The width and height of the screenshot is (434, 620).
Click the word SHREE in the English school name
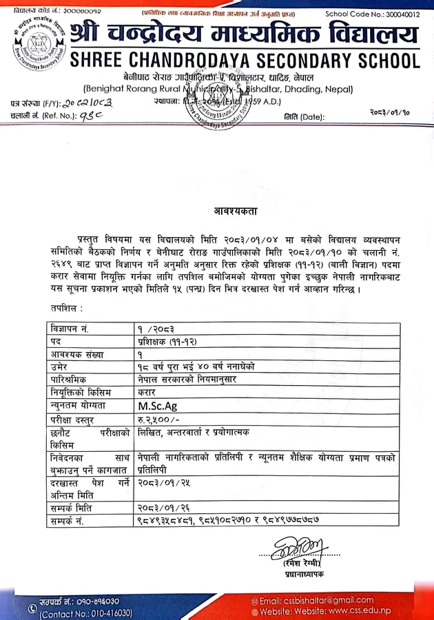[103, 60]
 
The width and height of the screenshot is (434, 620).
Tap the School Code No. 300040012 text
[372, 14]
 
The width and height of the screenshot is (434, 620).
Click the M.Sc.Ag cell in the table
[158, 406]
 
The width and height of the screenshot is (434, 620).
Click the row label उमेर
[59, 366]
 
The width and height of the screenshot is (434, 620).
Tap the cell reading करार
[147, 392]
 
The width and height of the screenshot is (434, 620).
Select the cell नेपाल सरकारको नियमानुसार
[183, 380]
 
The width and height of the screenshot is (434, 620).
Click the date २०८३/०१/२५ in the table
[161, 484]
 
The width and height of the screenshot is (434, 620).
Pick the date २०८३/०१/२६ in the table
[161, 508]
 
